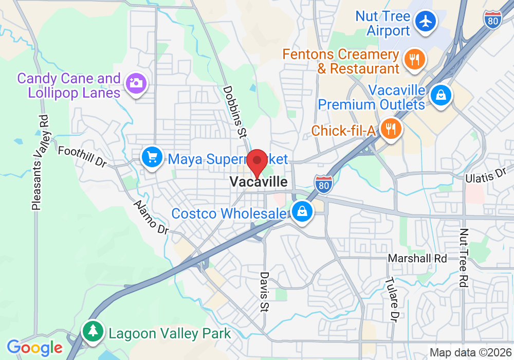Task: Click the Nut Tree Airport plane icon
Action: click(x=426, y=22)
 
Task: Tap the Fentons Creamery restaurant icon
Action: click(x=413, y=60)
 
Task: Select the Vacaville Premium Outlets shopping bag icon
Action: click(x=441, y=95)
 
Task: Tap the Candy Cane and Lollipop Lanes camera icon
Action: click(x=136, y=83)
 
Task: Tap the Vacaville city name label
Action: click(x=259, y=182)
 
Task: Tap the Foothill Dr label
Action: click(x=82, y=156)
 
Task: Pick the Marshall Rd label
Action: click(x=417, y=258)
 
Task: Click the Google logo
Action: click(x=34, y=348)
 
